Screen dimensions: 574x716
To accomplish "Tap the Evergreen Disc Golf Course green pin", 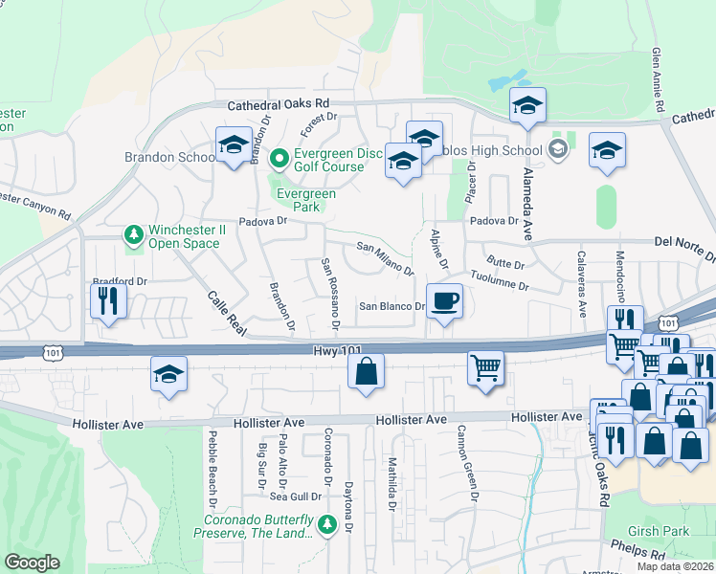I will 280,157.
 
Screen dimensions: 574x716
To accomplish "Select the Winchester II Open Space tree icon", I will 135,233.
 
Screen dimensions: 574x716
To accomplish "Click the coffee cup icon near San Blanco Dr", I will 444,301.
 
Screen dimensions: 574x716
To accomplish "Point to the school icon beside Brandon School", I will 233,145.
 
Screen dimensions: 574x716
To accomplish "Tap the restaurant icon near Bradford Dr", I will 108,301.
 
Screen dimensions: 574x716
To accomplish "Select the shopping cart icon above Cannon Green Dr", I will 485,367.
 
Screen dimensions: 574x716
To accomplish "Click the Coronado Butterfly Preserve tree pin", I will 326,524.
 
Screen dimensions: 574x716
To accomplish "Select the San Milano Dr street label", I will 385,258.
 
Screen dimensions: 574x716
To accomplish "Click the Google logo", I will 32,563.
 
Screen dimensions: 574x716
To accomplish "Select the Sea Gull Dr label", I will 294,497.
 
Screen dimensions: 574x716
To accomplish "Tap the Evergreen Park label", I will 306,200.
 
